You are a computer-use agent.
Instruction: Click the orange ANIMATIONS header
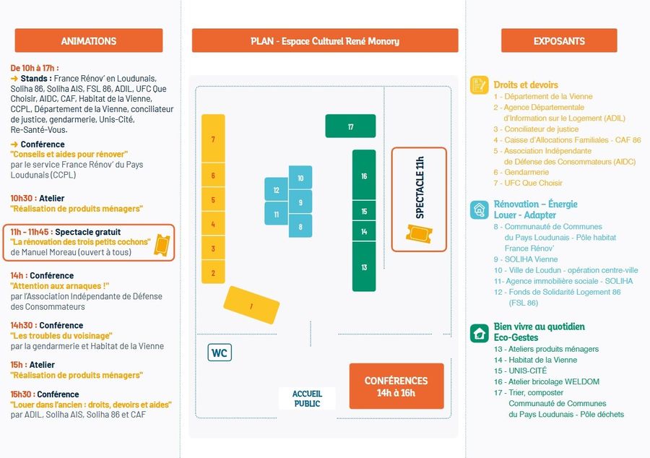pos(89,40)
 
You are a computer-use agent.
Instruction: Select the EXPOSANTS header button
pos(559,40)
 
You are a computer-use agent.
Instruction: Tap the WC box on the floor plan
pos(220,353)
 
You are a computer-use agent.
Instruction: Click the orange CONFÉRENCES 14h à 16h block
pos(396,386)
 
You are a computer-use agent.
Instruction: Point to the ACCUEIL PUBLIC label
pos(307,398)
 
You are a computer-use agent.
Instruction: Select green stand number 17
pos(350,126)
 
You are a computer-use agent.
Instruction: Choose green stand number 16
pos(364,176)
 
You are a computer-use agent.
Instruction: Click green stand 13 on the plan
pos(364,267)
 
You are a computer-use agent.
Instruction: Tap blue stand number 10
pos(300,178)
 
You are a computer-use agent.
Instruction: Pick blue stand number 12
pos(276,191)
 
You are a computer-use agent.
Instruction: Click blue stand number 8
pos(300,226)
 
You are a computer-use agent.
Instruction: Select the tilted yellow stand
pos(251,306)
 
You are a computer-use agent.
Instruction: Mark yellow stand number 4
pos(213,225)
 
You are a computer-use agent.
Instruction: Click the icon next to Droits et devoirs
pos(478,85)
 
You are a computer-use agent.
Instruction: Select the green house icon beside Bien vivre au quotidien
pos(479,332)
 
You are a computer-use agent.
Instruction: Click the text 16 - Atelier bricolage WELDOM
pos(546,381)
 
